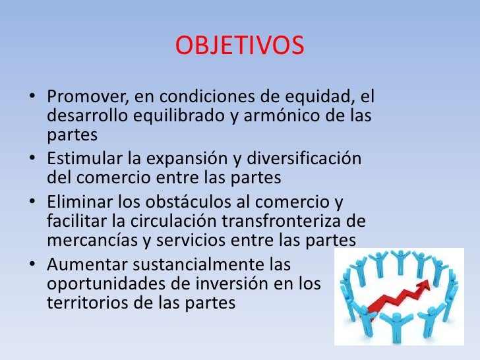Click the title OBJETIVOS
tap(240, 46)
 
